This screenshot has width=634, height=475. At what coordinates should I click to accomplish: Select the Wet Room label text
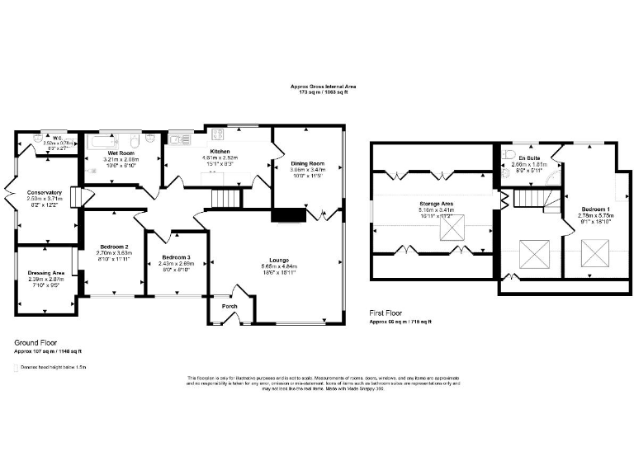coord(121,153)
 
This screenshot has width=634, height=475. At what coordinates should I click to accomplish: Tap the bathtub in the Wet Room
coord(111,140)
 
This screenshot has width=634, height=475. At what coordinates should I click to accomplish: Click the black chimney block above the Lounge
coord(288,215)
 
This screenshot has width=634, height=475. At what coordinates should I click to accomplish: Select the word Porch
coord(230,306)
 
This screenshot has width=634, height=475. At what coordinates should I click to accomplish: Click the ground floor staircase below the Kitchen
coord(225,198)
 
